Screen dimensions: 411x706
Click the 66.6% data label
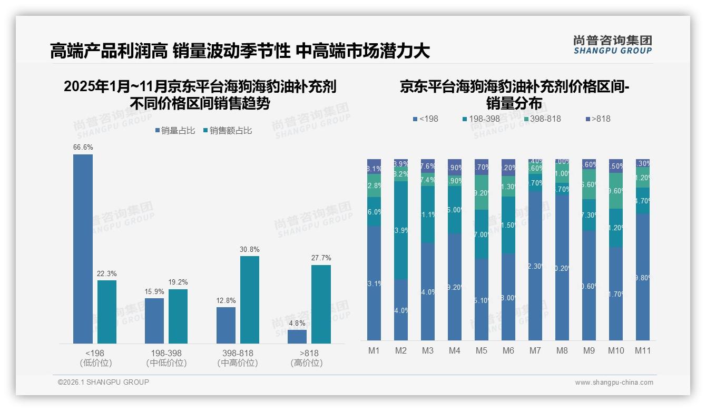coord(83,148)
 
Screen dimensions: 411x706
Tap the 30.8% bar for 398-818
coord(249,299)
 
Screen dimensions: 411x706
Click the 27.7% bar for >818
coord(321,304)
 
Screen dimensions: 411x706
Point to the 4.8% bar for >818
coord(297,337)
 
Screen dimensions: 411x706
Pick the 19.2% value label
coord(178,282)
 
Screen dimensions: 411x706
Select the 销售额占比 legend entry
coord(227,131)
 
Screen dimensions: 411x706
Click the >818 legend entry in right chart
coord(596,119)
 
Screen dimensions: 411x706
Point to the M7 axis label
coord(535,350)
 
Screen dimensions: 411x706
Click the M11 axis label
coord(642,350)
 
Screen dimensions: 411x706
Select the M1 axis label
coord(374,350)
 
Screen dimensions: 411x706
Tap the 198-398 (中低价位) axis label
coord(166,358)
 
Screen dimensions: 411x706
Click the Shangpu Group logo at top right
coord(612,44)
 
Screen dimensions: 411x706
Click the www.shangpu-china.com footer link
coord(614,383)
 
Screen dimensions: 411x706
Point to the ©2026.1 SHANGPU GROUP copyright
coord(103,382)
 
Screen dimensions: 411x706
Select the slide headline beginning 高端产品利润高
coord(240,51)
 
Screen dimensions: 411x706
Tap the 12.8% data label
coord(226,300)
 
